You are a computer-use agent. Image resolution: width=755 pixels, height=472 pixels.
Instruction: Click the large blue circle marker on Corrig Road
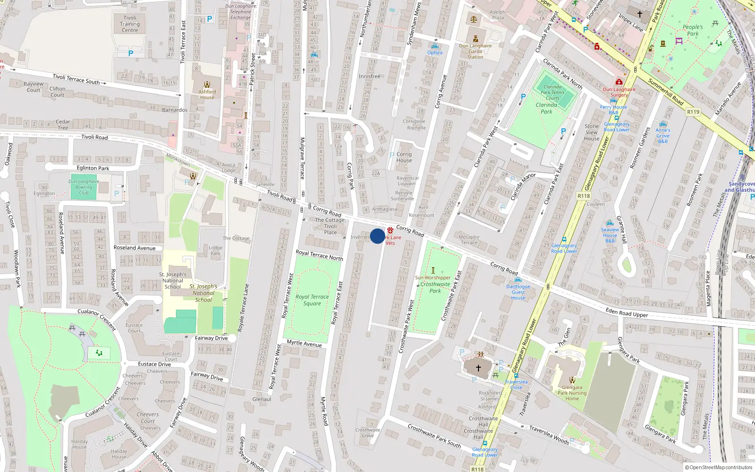pos(377,236)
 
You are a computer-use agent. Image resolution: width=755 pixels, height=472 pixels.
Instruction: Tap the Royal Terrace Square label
pos(312,300)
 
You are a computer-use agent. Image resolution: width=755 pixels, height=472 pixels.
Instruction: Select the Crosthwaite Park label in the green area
pos(435,287)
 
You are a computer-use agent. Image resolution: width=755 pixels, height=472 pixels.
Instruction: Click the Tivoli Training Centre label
pos(130,24)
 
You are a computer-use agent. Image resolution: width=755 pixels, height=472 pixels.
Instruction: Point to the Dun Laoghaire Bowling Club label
pos(84,187)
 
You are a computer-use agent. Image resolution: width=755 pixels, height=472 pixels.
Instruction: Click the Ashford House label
pos(207,95)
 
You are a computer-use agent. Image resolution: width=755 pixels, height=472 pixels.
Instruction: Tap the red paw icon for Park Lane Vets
pos(390,230)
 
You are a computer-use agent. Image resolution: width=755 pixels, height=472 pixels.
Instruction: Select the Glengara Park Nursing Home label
pos(572,393)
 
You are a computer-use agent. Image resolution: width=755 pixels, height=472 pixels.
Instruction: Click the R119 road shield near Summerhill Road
pos(693,112)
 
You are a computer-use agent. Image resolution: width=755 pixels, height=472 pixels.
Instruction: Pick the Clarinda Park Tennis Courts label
pos(553,93)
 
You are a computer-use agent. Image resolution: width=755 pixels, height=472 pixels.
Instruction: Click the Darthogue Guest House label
pos(518,292)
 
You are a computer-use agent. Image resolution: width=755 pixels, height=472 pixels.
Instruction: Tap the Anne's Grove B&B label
pos(663,135)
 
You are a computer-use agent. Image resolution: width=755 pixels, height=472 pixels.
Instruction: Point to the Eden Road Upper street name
pos(627,312)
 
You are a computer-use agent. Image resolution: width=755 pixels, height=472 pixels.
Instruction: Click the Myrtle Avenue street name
pos(304,344)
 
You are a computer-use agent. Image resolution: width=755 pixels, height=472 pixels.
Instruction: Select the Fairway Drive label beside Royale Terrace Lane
pos(211,338)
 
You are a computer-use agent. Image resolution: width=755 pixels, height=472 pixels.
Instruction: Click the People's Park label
pos(693,30)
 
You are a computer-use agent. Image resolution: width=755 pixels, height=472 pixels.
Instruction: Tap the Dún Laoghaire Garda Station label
pos(475,51)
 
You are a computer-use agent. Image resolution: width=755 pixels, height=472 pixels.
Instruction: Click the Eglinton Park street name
pos(93,168)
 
